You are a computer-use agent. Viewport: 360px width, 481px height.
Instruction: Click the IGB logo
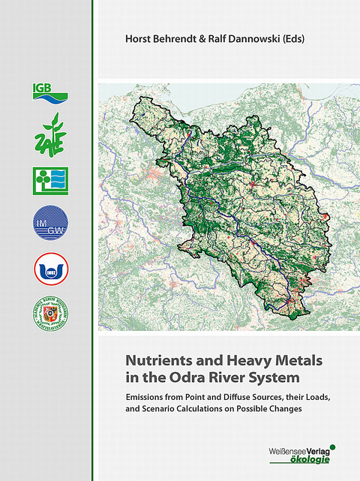(49, 92)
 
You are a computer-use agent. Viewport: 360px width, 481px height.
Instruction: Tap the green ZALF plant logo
(49, 134)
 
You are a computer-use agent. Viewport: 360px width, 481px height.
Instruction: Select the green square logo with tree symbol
(49, 180)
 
